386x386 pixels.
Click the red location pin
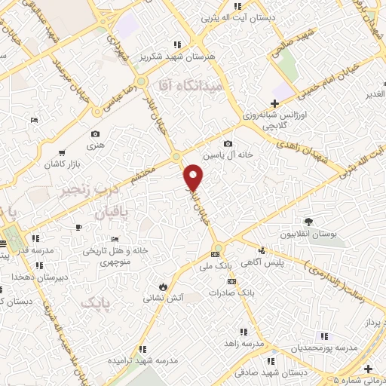[x=194, y=176]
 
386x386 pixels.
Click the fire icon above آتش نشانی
[x=163, y=286]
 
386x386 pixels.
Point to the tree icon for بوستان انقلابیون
[x=308, y=221]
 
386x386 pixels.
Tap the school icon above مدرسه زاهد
[x=243, y=330]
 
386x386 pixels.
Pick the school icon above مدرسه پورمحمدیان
[x=324, y=336]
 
